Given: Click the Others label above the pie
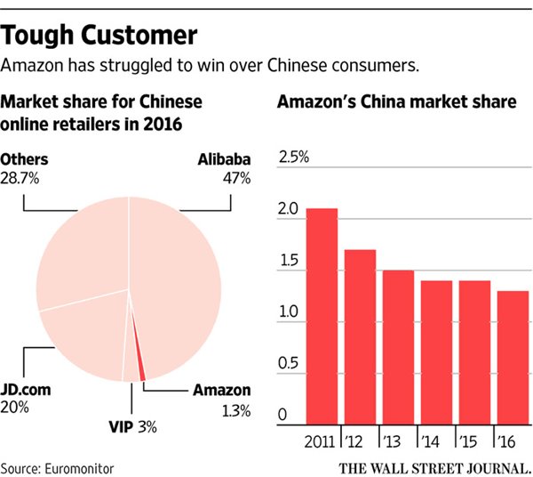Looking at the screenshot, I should [x=24, y=160].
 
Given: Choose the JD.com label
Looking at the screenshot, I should [x=27, y=390].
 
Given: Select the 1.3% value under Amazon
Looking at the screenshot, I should [x=235, y=410].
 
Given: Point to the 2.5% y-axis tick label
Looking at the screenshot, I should [x=294, y=158].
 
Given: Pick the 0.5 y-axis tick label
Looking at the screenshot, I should [x=288, y=365].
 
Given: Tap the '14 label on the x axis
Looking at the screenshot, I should [x=432, y=441].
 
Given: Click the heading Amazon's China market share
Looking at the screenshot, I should [x=396, y=101].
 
